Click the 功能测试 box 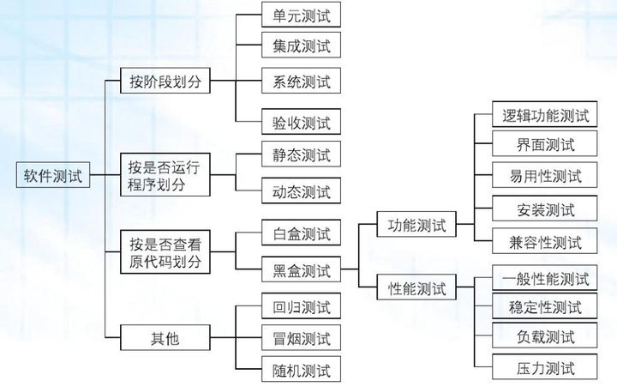click(x=416, y=226)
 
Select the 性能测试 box click(x=416, y=288)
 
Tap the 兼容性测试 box click(x=545, y=242)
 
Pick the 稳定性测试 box click(x=545, y=306)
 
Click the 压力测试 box click(x=545, y=369)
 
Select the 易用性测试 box click(x=545, y=176)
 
